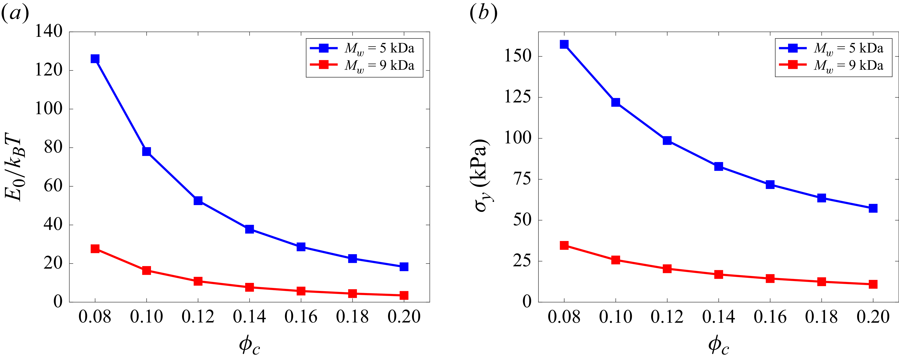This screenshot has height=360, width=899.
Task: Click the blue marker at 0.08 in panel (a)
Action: point(95,59)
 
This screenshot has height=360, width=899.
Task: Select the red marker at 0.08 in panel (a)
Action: point(95,249)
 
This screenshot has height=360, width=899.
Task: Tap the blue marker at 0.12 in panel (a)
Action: point(198,200)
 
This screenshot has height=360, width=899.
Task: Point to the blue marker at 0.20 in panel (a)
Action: point(404,267)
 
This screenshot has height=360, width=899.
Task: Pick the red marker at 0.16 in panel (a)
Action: point(301,291)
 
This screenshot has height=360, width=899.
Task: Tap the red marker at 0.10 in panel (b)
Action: point(616,260)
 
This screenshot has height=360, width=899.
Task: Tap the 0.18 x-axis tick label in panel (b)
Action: point(821,317)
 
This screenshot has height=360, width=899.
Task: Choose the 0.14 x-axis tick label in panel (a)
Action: point(249,317)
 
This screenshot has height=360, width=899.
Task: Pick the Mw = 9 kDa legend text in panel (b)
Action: point(848,66)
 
